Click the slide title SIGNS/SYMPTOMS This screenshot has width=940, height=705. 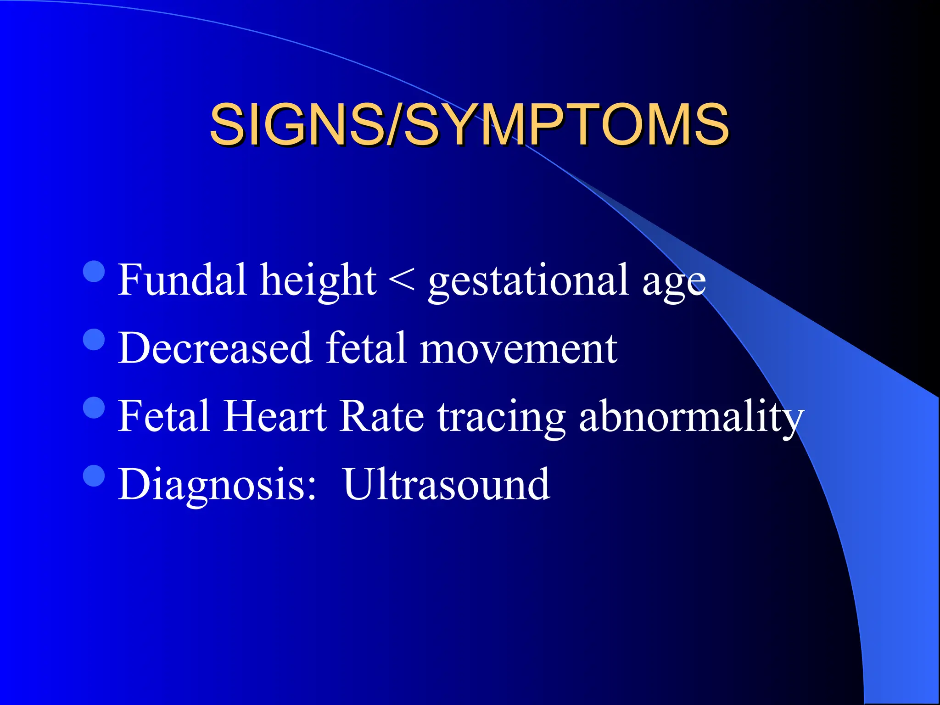tap(469, 124)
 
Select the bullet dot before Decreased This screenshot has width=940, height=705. tap(95, 340)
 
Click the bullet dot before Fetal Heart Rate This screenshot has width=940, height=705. tap(95, 408)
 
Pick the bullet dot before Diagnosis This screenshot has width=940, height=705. tap(95, 476)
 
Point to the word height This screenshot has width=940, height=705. tap(318, 281)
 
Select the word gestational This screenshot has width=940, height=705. tap(528, 281)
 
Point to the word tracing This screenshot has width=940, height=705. tap(501, 418)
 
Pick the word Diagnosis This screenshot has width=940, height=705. tap(217, 486)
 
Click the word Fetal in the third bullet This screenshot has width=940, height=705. tap(164, 416)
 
